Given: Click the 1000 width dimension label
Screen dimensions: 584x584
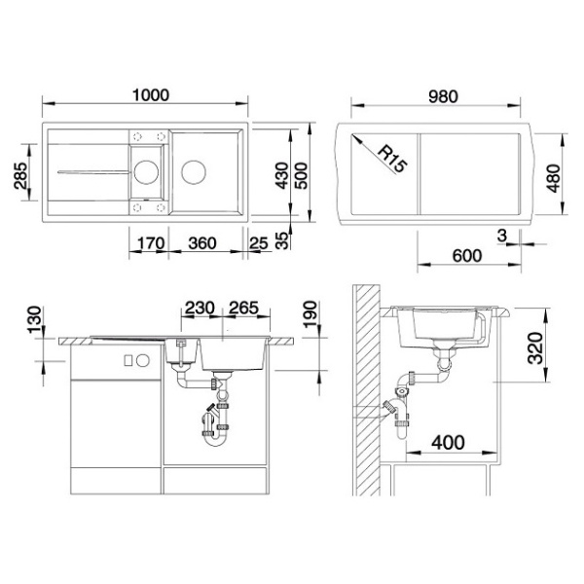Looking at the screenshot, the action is click(x=151, y=95).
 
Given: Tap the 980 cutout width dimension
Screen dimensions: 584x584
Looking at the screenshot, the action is click(x=443, y=96).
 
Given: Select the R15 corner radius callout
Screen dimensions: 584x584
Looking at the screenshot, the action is click(x=392, y=160).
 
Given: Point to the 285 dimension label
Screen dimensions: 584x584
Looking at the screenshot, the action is click(x=20, y=176).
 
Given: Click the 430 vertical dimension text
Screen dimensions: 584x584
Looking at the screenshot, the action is click(x=282, y=175).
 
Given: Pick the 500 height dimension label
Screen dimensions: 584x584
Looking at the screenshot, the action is click(x=302, y=175).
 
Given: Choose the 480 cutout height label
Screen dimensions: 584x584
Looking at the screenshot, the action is click(x=554, y=178).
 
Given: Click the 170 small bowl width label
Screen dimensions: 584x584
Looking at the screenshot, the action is click(x=151, y=243).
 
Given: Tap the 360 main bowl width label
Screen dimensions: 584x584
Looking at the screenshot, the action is click(x=202, y=243).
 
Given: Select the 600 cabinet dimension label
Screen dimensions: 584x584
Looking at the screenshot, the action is click(x=467, y=256).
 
